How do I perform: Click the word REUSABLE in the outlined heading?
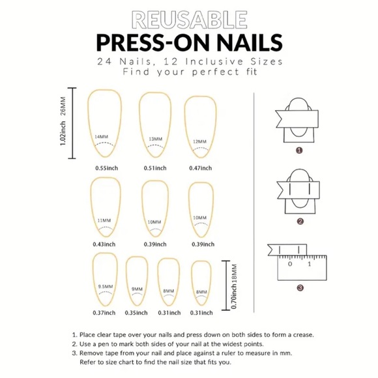pos(189,19)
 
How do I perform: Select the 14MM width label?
pos(101,136)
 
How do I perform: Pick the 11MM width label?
pos(104,221)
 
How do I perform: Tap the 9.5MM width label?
pos(105,287)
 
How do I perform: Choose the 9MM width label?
pos(137,289)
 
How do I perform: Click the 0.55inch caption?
pos(106,168)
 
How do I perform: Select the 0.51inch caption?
pos(155,168)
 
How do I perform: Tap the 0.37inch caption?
pos(105,312)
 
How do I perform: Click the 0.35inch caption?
pos(137,312)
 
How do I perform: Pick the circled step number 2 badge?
pos(299,221)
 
